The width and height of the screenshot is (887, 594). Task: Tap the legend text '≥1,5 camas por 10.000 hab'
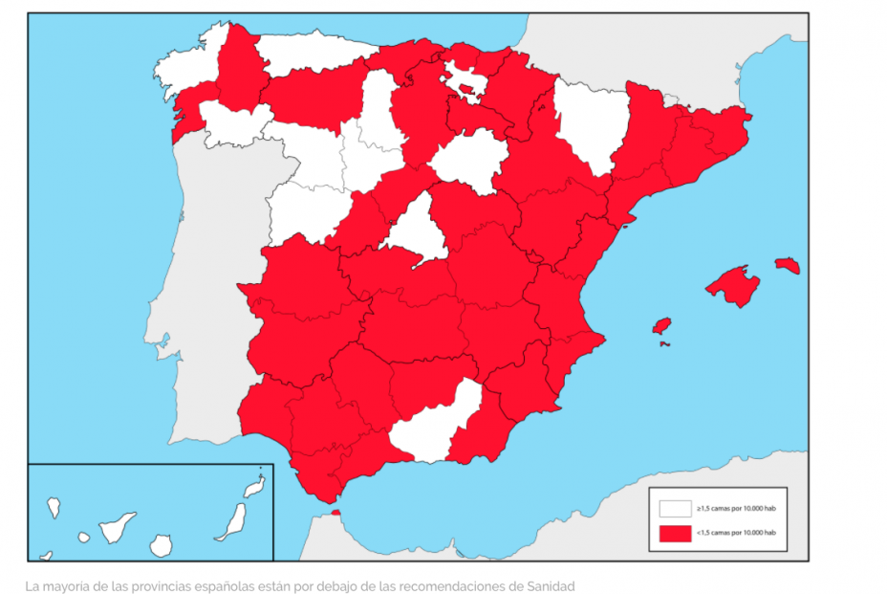737,508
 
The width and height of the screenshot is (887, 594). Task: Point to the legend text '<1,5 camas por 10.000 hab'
737,533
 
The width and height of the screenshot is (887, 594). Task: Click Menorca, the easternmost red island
787,265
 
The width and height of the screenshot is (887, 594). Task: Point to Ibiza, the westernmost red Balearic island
660,326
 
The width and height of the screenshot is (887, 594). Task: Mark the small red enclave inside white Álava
468,91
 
